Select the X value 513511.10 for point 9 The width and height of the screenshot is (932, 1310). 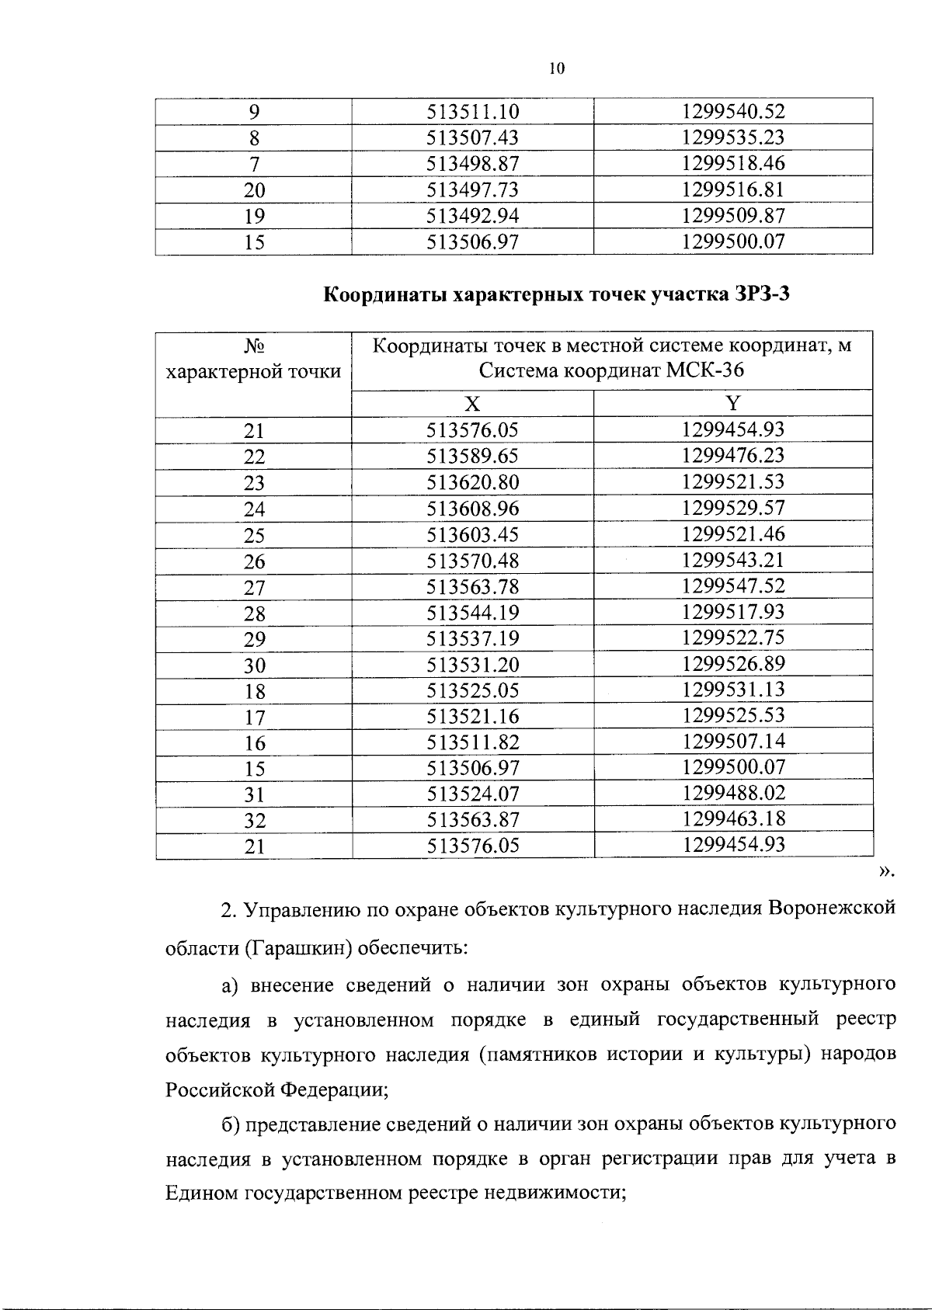pyautogui.click(x=472, y=113)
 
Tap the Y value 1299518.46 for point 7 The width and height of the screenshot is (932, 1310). pyautogui.click(x=733, y=164)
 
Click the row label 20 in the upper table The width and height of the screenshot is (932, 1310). pyautogui.click(x=254, y=191)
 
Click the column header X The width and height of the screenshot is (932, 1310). pyautogui.click(x=472, y=404)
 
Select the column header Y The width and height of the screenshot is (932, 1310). pyautogui.click(x=733, y=403)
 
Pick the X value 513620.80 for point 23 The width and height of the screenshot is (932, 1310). pyautogui.click(x=472, y=482)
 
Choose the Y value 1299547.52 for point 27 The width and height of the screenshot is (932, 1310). pyautogui.click(x=733, y=586)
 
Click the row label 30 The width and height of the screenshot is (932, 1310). pyautogui.click(x=254, y=665)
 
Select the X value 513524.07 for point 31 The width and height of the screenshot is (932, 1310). pyautogui.click(x=472, y=794)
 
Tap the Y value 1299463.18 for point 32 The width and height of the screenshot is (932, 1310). pyautogui.click(x=733, y=819)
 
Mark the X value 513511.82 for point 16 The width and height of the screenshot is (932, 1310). pyautogui.click(x=472, y=742)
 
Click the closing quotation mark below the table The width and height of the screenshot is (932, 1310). pyautogui.click(x=885, y=873)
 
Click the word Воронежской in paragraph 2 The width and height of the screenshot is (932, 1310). pyautogui.click(x=833, y=909)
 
